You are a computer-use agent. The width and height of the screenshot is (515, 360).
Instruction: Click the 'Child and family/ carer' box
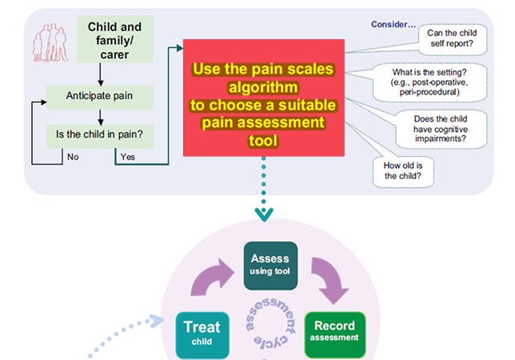click(x=114, y=41)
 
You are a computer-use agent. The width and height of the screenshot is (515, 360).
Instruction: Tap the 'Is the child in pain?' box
click(x=100, y=133)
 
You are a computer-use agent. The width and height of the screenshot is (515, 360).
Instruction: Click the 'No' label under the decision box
click(x=73, y=157)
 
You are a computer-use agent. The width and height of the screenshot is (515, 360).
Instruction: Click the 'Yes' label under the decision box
click(x=128, y=157)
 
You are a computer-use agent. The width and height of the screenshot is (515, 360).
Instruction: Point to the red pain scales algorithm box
click(x=262, y=96)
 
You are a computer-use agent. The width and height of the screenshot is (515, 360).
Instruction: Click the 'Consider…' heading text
click(x=393, y=24)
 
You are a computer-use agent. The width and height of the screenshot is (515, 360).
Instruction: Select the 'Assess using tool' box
click(x=270, y=264)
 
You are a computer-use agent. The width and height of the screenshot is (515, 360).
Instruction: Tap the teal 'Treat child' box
click(x=202, y=334)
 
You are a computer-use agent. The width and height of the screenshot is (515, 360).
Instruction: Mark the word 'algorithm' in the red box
click(x=262, y=86)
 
